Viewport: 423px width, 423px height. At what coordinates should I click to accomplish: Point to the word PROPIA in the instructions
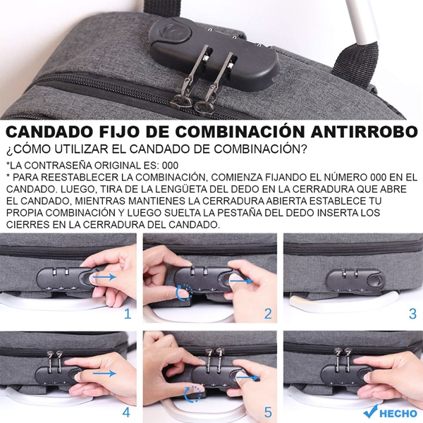[x=28, y=212]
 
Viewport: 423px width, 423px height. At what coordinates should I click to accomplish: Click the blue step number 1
[x=128, y=314]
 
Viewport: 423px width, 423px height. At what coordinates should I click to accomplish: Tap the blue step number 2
[x=268, y=314]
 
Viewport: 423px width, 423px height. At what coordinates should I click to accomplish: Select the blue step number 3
[x=412, y=314]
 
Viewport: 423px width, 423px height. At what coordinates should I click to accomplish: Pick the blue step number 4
[x=127, y=412]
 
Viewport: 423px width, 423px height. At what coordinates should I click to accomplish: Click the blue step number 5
[x=268, y=412]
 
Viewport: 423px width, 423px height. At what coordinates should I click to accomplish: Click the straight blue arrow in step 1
[x=104, y=278]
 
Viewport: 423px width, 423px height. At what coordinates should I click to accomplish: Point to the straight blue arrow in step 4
[x=104, y=374]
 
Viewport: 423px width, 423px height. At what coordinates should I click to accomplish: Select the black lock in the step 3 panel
[x=352, y=280]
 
